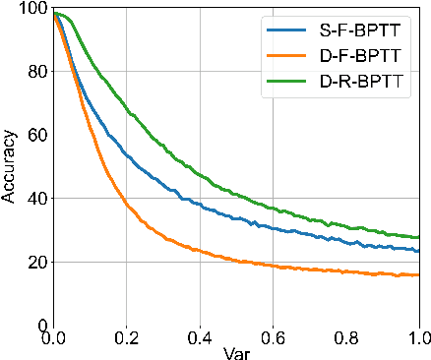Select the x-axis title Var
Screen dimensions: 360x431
click(236, 350)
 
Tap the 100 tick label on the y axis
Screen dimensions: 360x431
click(31, 9)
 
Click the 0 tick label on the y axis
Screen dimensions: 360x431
click(40, 325)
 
